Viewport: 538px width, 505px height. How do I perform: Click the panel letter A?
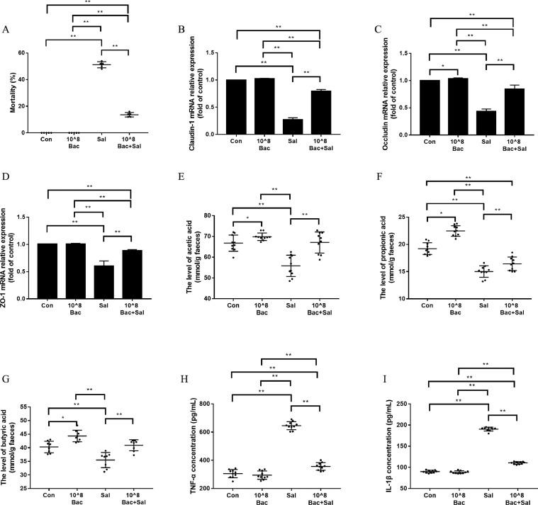(x=6, y=30)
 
